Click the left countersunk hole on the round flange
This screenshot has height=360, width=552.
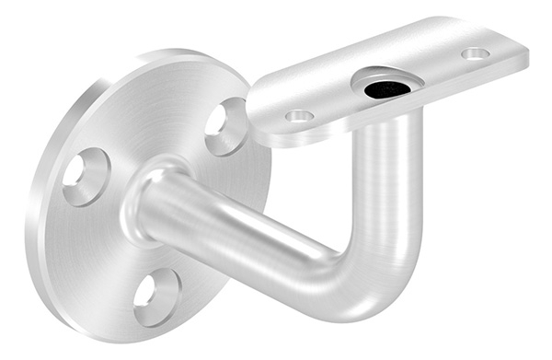(86, 176)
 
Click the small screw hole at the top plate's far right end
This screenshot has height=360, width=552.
(475, 53)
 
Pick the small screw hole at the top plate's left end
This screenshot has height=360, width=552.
(299, 116)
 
